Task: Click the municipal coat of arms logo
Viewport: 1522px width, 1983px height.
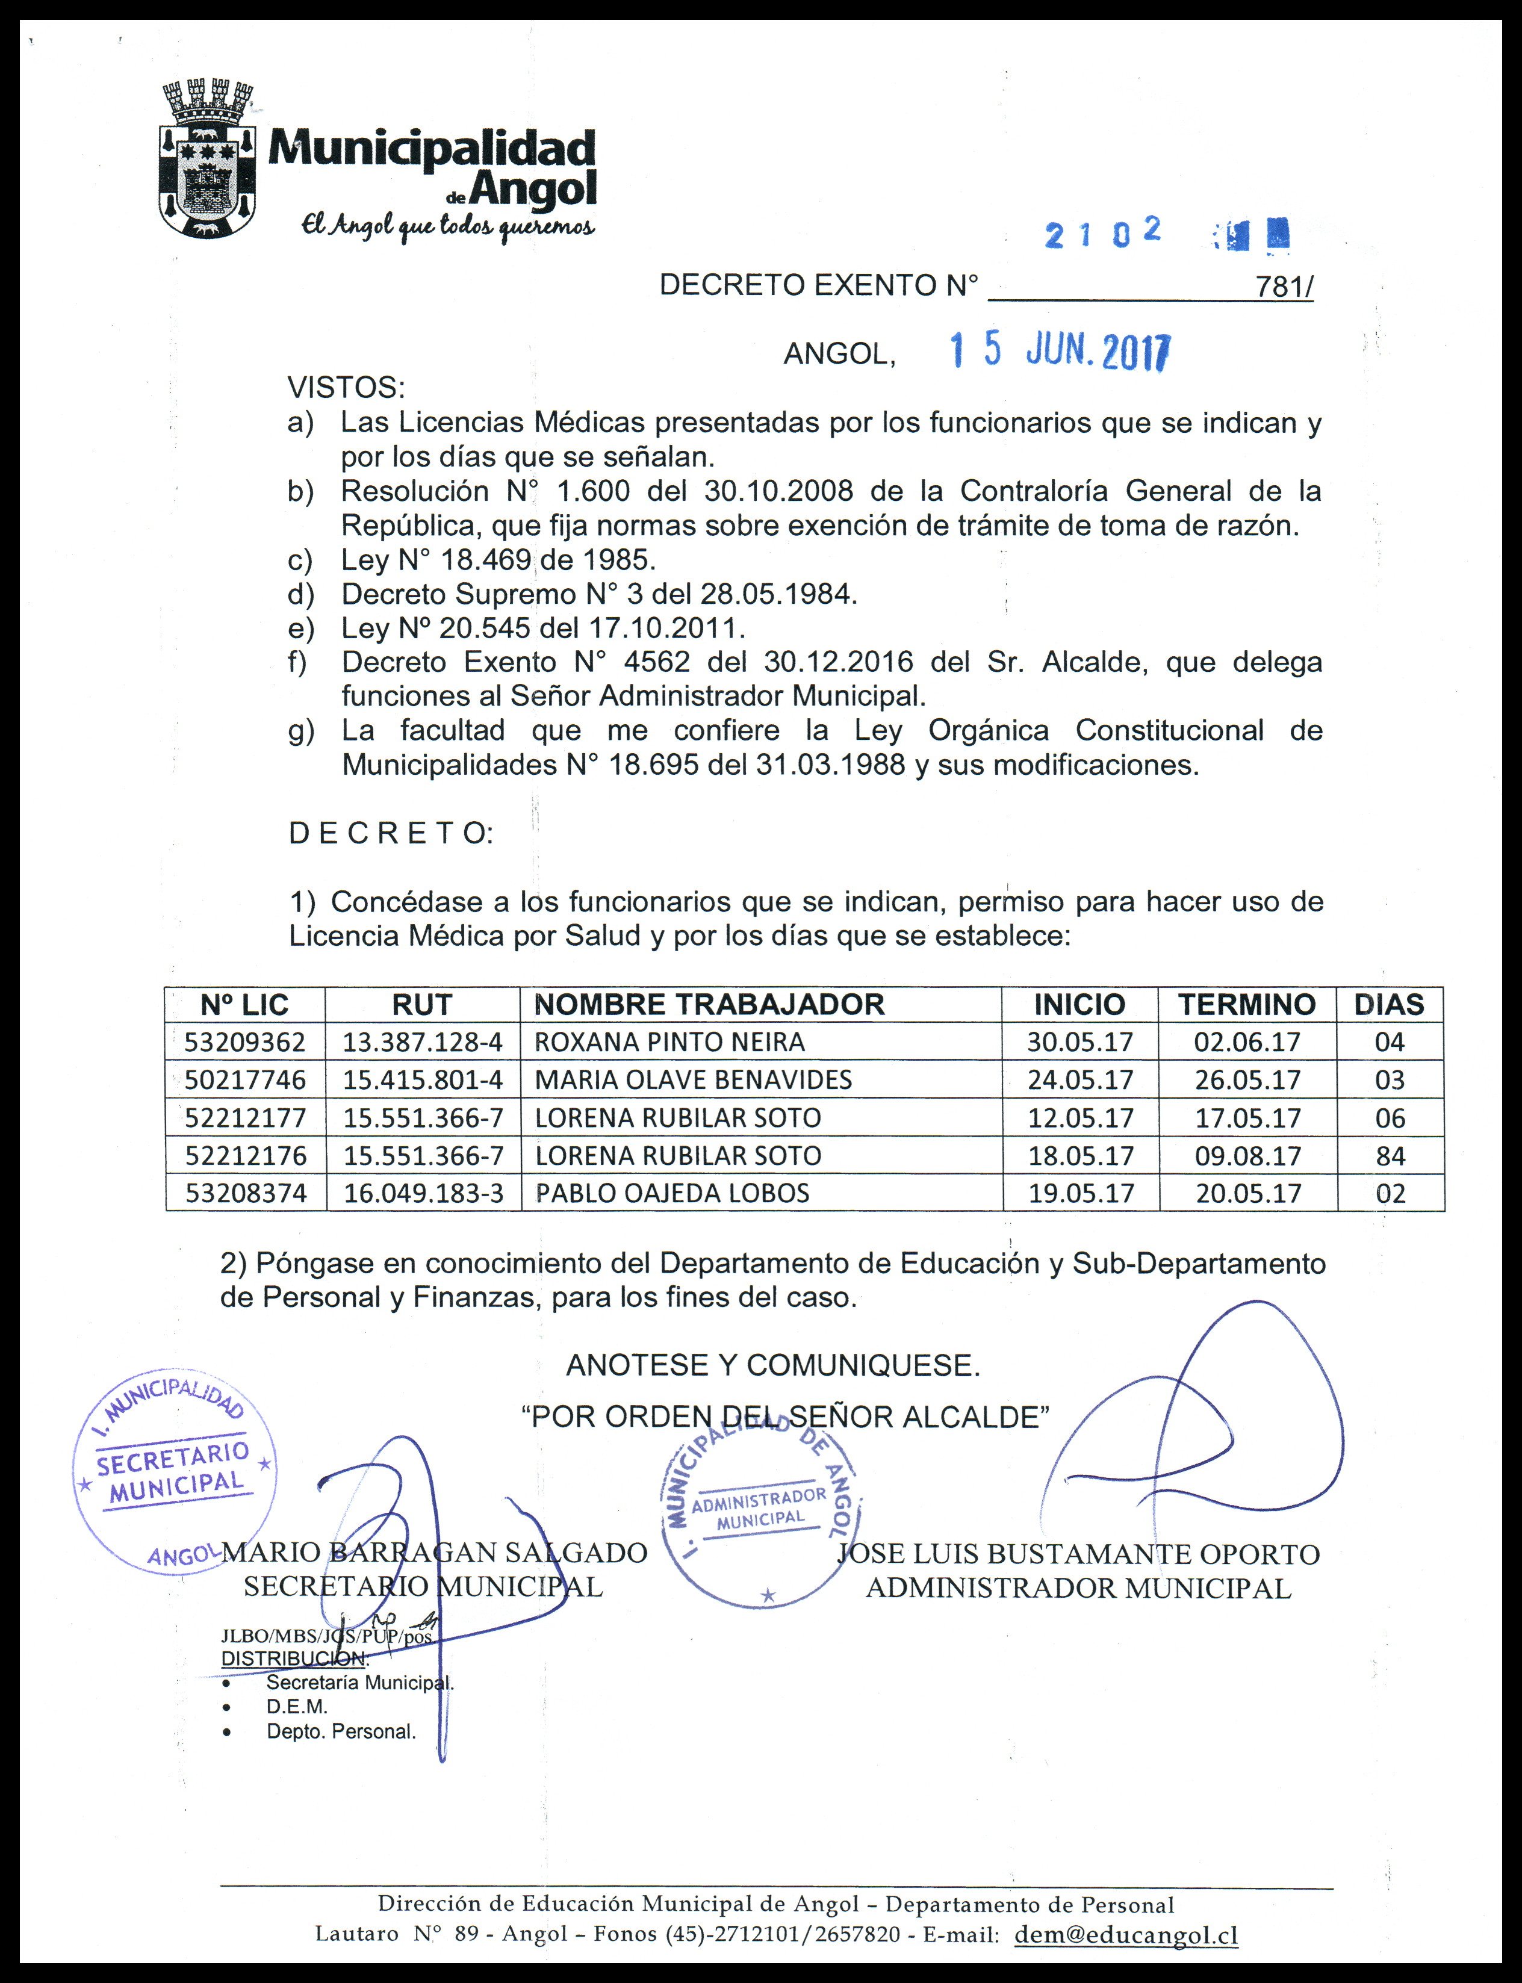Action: pos(208,160)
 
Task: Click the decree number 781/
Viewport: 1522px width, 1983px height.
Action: pos(1284,287)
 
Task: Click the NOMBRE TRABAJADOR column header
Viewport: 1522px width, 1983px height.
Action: pos(709,1004)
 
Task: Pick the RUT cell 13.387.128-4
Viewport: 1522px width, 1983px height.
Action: pos(422,1042)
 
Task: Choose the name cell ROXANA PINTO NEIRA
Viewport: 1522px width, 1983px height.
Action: pos(669,1042)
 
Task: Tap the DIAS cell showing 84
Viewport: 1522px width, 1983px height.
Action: pos(1390,1156)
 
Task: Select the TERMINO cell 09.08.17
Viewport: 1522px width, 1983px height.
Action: pos(1247,1156)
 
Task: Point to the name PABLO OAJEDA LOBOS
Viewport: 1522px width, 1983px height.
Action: pos(672,1193)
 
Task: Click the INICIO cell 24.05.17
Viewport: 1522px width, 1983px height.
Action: pos(1080,1080)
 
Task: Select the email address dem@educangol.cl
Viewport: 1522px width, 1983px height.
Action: pos(1126,1934)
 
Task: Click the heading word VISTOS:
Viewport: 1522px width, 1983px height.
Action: pos(346,388)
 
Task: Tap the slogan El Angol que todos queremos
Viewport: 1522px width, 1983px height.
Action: pos(449,226)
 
